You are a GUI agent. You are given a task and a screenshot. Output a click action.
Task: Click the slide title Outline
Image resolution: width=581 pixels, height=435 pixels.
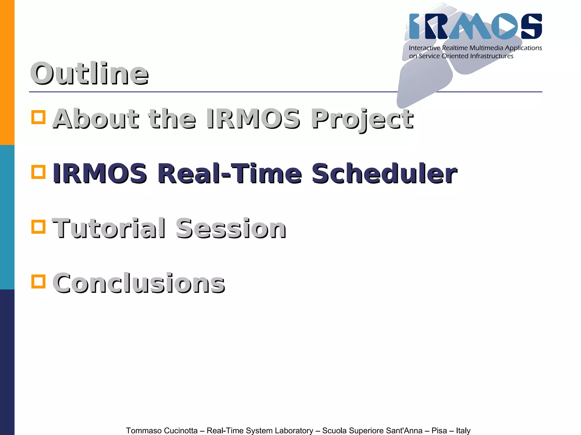point(89,74)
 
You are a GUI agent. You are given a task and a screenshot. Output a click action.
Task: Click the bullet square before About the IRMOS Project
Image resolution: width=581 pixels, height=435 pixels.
point(38,117)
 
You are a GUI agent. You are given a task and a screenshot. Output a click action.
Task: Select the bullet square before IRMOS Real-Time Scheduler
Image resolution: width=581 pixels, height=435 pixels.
point(38,172)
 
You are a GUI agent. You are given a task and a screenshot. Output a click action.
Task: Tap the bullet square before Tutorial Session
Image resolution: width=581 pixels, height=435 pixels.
point(38,227)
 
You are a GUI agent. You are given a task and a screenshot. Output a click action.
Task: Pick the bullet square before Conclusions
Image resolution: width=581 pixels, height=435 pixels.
point(38,281)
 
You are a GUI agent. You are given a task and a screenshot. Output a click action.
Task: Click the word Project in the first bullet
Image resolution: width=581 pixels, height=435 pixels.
point(362,119)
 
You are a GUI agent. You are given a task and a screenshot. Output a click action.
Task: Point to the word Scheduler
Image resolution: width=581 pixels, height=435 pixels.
point(384,173)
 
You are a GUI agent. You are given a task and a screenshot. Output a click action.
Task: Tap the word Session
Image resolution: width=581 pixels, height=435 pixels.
point(231,228)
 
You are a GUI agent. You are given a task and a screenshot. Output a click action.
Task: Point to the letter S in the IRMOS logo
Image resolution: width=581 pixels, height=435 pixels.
point(531,26)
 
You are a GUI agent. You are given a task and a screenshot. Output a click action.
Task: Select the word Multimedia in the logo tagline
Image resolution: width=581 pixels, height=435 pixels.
point(486,48)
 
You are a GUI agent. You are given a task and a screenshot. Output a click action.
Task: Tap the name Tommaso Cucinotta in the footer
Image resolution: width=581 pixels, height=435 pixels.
point(162,430)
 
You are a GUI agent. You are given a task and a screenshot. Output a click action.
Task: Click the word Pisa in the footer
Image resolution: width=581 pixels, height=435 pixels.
point(439,430)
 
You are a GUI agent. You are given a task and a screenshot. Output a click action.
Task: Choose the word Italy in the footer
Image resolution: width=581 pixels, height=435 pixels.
point(463,430)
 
